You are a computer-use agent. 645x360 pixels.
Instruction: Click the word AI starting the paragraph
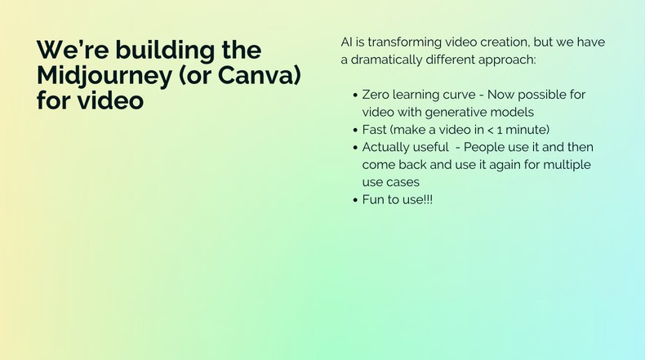click(x=347, y=42)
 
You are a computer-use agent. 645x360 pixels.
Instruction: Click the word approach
click(x=507, y=60)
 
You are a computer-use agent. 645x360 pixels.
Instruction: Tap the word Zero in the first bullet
click(x=377, y=95)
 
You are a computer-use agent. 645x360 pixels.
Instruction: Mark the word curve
click(x=465, y=95)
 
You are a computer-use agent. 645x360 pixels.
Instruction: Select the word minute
click(x=527, y=130)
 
